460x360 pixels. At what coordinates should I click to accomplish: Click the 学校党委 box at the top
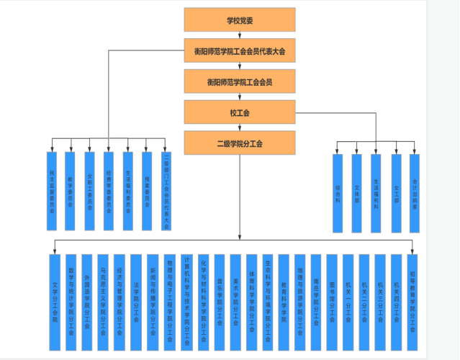click(239, 20)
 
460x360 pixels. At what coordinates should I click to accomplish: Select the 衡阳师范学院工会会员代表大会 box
click(239, 51)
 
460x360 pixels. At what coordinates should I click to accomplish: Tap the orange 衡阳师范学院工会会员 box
click(239, 82)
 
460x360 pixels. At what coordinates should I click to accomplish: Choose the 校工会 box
click(239, 113)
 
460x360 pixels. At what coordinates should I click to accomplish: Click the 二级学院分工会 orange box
click(239, 143)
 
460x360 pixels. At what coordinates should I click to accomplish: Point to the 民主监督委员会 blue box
click(52, 191)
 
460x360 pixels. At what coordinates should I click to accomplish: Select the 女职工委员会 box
click(90, 191)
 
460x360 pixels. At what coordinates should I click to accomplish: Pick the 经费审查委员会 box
click(109, 191)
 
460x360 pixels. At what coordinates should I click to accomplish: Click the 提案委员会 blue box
click(147, 191)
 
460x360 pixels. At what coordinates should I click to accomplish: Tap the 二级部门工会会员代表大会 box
click(166, 191)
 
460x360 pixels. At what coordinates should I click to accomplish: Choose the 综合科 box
click(338, 192)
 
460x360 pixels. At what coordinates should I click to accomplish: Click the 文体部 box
click(356, 192)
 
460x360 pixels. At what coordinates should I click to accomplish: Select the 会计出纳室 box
click(414, 192)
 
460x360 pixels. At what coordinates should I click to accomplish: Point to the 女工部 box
click(395, 192)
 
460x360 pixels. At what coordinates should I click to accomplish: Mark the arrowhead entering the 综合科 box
click(338, 151)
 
